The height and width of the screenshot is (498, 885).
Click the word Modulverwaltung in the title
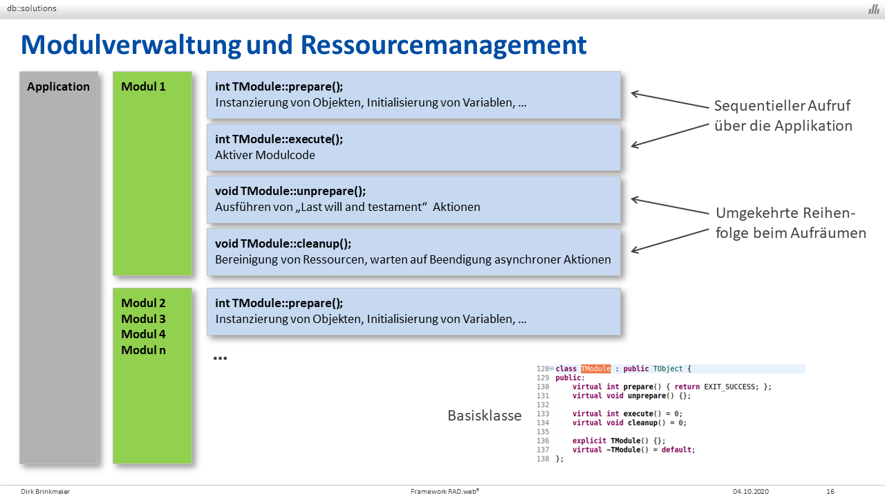coord(131,45)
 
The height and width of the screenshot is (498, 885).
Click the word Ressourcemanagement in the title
coord(443,45)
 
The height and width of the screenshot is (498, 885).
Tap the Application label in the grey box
coord(59,86)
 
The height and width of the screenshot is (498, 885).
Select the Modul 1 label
coord(143,86)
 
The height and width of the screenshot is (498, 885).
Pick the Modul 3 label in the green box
coord(143,319)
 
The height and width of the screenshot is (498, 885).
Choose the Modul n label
coord(143,350)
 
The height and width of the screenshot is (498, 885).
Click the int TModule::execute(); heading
coord(279,139)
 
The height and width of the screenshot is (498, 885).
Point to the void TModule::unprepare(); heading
coord(290,192)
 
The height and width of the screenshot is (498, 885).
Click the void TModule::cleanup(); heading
coord(283,243)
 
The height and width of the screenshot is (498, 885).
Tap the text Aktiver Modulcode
coord(265,155)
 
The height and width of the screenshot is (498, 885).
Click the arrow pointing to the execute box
coord(670,136)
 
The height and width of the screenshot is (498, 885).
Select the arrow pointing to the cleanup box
coord(670,240)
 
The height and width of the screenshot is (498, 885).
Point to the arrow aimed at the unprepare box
coord(670,205)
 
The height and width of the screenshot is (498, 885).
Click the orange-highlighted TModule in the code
coord(596,369)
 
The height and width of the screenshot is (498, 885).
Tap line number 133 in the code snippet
coord(543,414)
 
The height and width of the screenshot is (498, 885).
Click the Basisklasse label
coord(485,416)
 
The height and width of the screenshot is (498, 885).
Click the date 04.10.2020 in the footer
coord(751,491)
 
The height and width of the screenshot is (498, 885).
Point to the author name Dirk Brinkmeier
coord(46,491)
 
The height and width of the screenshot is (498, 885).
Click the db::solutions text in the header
coord(32,8)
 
